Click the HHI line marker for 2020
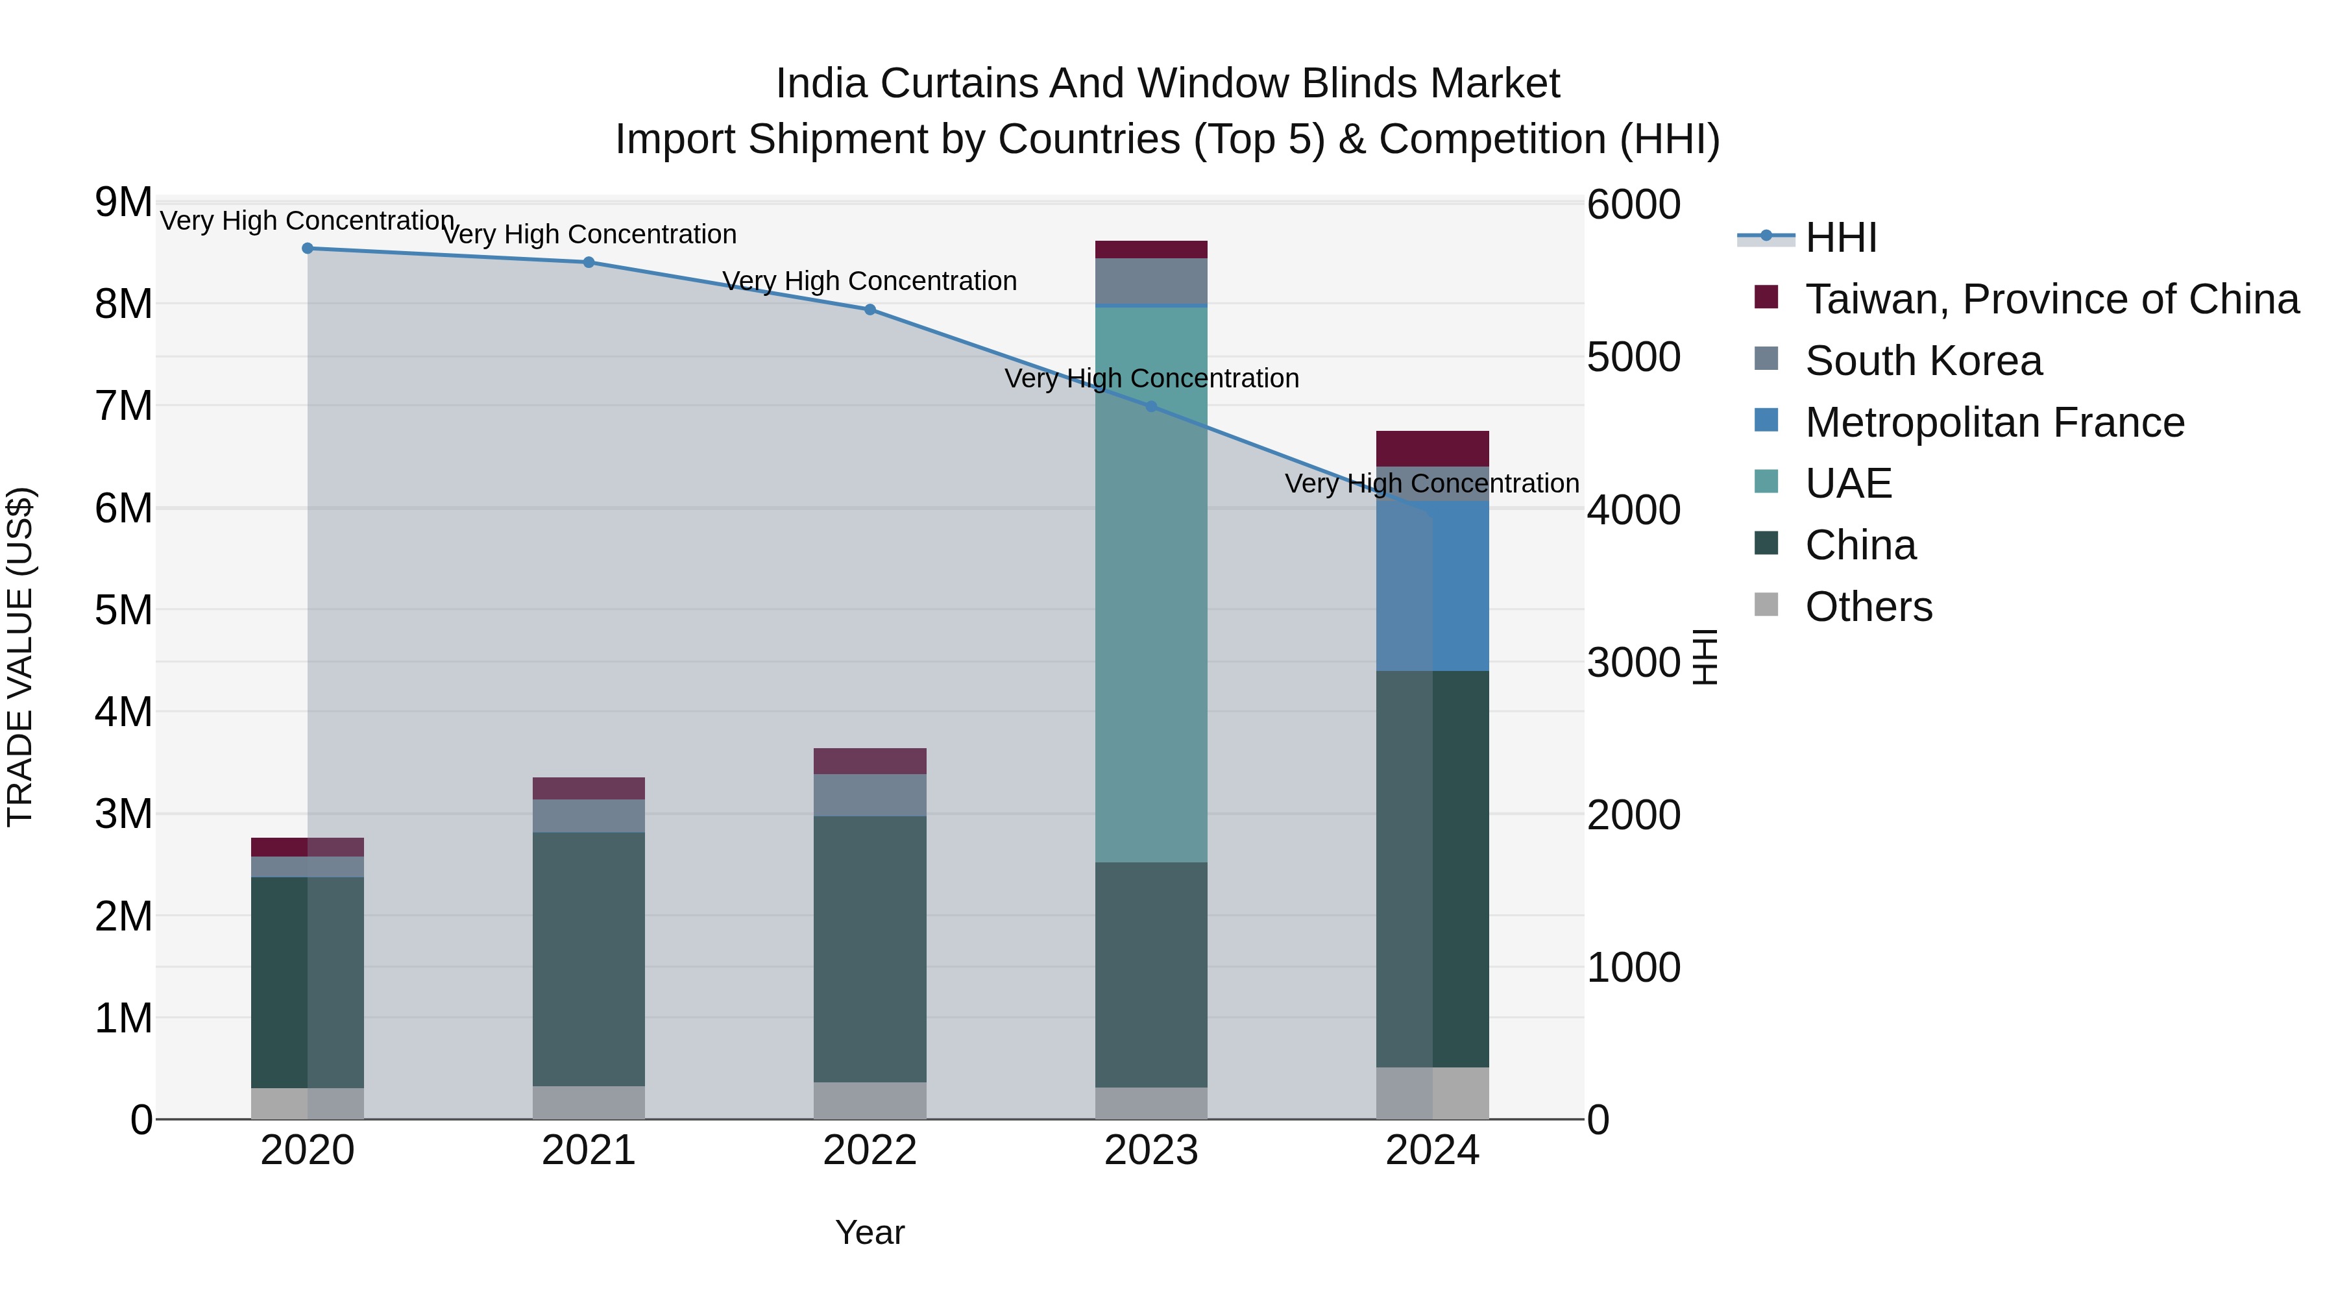(x=308, y=249)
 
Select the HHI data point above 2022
(x=870, y=310)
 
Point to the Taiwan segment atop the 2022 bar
(x=870, y=761)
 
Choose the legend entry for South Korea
(x=1923, y=361)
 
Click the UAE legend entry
(x=1847, y=483)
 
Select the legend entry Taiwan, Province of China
(x=2051, y=299)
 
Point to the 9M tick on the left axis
(x=123, y=202)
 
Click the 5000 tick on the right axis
(x=1633, y=358)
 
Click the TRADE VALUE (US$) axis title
(x=20, y=657)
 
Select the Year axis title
(x=870, y=1232)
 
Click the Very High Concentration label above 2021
(x=589, y=234)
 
